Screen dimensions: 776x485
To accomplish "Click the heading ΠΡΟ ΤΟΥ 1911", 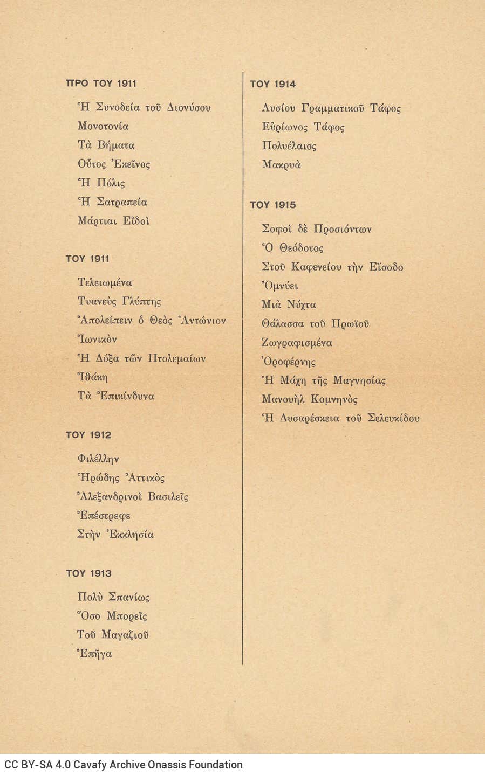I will [x=101, y=84].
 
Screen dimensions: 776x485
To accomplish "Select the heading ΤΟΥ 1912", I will [x=88, y=435].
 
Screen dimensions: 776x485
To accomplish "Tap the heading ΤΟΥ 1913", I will [x=88, y=573].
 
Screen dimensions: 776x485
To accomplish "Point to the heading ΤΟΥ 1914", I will [x=272, y=84].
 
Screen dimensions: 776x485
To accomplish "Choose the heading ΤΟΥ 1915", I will [x=272, y=205].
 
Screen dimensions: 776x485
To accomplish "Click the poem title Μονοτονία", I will [x=103, y=127].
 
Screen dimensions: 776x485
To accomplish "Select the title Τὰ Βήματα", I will [x=106, y=145].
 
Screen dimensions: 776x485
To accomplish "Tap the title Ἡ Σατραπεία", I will [x=112, y=202].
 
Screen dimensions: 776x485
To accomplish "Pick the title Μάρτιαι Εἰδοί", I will [x=113, y=221].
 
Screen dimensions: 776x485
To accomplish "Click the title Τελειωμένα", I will [x=105, y=282].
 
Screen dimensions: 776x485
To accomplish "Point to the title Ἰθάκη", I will [x=93, y=377].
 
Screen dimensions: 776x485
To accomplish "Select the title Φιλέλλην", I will [x=98, y=459].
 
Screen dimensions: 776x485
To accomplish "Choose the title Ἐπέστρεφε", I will [x=104, y=516].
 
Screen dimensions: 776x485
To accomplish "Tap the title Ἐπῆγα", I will [x=94, y=654].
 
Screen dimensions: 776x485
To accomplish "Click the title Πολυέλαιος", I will [x=289, y=146].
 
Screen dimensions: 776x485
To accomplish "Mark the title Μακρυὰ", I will [x=281, y=165].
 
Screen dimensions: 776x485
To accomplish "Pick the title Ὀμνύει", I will [x=279, y=286].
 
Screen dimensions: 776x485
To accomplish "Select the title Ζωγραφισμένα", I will [x=297, y=343].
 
